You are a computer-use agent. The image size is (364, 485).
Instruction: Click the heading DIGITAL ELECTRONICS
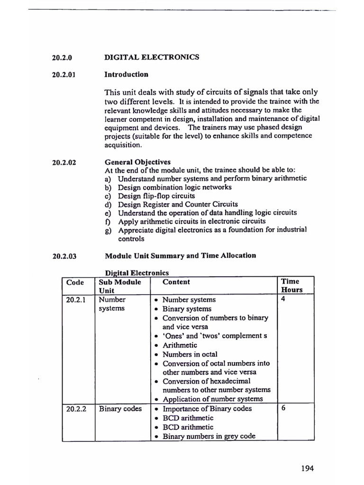(x=152, y=57)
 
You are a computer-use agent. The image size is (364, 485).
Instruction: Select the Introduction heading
(x=126, y=74)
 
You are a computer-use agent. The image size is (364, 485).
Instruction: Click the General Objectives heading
(x=137, y=162)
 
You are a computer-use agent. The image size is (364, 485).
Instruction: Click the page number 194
(x=307, y=468)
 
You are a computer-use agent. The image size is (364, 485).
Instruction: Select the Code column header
(x=75, y=282)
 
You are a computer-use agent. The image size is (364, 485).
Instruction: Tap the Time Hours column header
(x=291, y=286)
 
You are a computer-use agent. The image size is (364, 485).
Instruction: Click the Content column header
(x=176, y=282)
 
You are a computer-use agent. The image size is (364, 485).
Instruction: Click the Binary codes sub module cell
(x=120, y=409)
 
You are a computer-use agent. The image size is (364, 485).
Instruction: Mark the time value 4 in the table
(x=283, y=299)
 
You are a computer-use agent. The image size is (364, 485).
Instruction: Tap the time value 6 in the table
(x=283, y=409)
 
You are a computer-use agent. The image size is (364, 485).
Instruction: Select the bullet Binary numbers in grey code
(x=209, y=436)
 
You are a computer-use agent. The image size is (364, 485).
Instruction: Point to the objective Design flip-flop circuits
(x=156, y=196)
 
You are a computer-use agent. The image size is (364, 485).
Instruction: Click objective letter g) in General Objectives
(x=109, y=230)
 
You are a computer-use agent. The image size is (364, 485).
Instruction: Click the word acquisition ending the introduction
(x=123, y=144)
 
